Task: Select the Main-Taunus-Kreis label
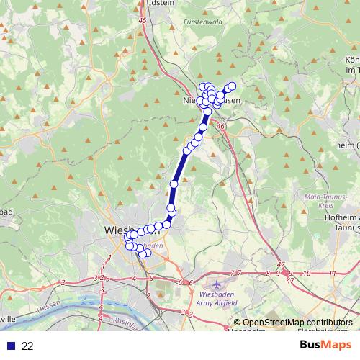pos(323,200)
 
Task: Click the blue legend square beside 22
pos(9,346)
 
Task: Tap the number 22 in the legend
pos(28,346)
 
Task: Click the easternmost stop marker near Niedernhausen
pos(232,86)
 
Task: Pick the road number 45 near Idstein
pos(142,21)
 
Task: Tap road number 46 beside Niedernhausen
pos(220,127)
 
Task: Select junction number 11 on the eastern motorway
pos(332,274)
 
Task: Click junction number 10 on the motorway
pos(307,274)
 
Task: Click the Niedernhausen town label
pos(212,102)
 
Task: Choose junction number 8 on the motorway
pos(269,274)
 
